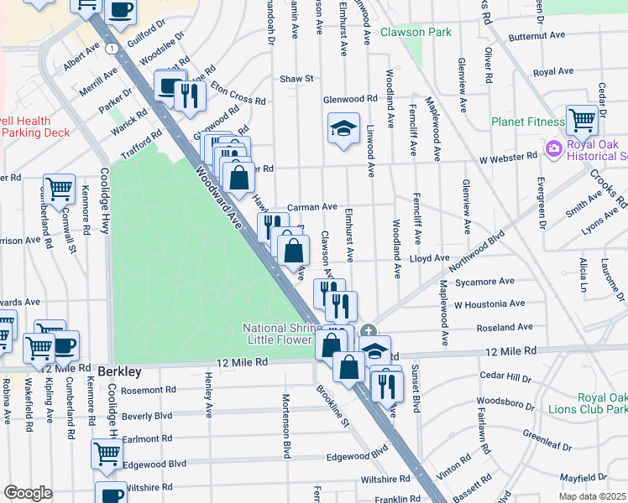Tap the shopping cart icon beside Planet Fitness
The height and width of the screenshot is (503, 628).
(582, 119)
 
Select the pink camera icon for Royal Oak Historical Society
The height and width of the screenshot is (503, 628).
(552, 149)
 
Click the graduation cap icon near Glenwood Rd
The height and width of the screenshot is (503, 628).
(343, 128)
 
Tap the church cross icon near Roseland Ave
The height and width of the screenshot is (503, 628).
(369, 330)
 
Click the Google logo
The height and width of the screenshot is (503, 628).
(28, 493)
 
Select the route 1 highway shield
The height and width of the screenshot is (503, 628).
(111, 48)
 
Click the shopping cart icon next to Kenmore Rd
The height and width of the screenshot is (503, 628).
(59, 189)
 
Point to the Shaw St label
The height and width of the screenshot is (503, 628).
(296, 79)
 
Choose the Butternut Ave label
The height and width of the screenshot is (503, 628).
(539, 37)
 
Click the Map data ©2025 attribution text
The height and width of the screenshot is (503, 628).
(592, 496)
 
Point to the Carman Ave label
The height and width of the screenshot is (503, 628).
(311, 206)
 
